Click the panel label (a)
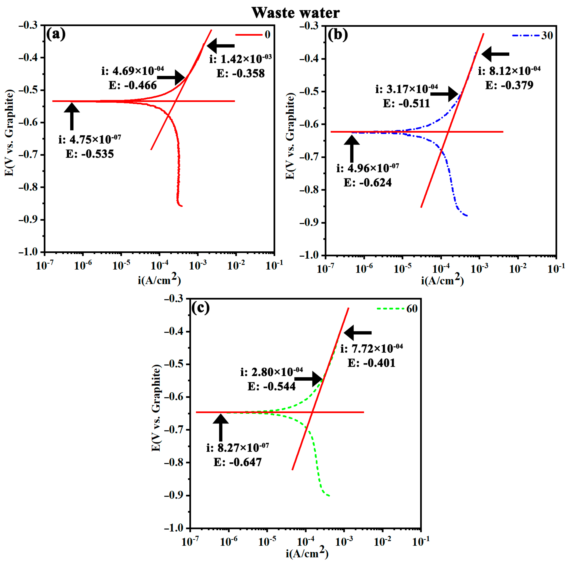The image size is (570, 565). click(56, 34)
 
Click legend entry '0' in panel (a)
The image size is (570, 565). click(267, 35)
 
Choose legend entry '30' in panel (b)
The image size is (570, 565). click(547, 35)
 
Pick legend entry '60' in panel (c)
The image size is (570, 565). click(412, 309)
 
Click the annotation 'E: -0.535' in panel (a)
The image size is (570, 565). click(90, 154)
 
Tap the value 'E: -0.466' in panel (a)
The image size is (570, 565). click(133, 85)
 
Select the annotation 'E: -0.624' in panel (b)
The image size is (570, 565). click(368, 182)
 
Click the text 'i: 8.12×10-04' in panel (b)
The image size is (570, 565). click(509, 71)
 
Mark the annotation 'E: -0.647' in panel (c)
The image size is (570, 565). click(238, 462)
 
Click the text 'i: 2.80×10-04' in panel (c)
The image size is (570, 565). click(271, 372)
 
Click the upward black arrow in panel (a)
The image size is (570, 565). click(72, 116)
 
